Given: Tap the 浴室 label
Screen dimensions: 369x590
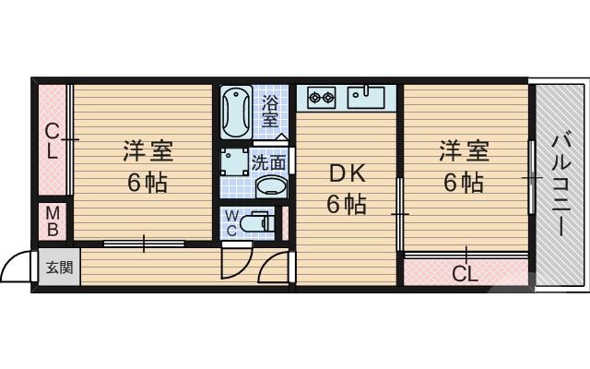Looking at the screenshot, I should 271,111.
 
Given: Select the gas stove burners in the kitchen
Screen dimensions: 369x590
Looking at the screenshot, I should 321,94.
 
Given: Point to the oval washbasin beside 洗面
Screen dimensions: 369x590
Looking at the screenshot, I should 271,186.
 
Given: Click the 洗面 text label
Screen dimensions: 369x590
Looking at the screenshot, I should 269,163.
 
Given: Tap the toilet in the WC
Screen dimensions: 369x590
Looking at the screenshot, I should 260,222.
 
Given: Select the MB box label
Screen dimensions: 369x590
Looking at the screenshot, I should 53,221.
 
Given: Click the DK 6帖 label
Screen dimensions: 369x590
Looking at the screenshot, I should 345,187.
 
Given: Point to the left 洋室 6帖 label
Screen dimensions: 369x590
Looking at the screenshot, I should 147,166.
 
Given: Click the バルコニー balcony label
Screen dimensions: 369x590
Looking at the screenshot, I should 560,184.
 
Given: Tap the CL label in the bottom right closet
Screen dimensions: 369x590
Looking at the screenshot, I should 465,273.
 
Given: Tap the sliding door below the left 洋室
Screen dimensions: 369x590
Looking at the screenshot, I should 144,244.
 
